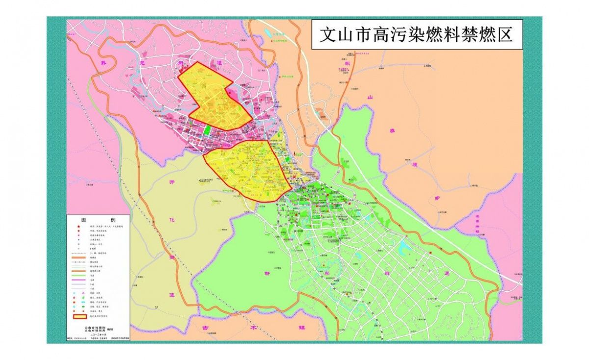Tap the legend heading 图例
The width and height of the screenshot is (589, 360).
[x=98, y=219]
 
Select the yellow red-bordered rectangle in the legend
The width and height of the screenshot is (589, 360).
[x=80, y=316]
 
